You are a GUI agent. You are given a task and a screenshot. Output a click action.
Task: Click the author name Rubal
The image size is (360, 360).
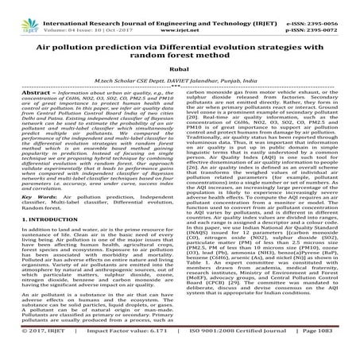pos(180,78)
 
